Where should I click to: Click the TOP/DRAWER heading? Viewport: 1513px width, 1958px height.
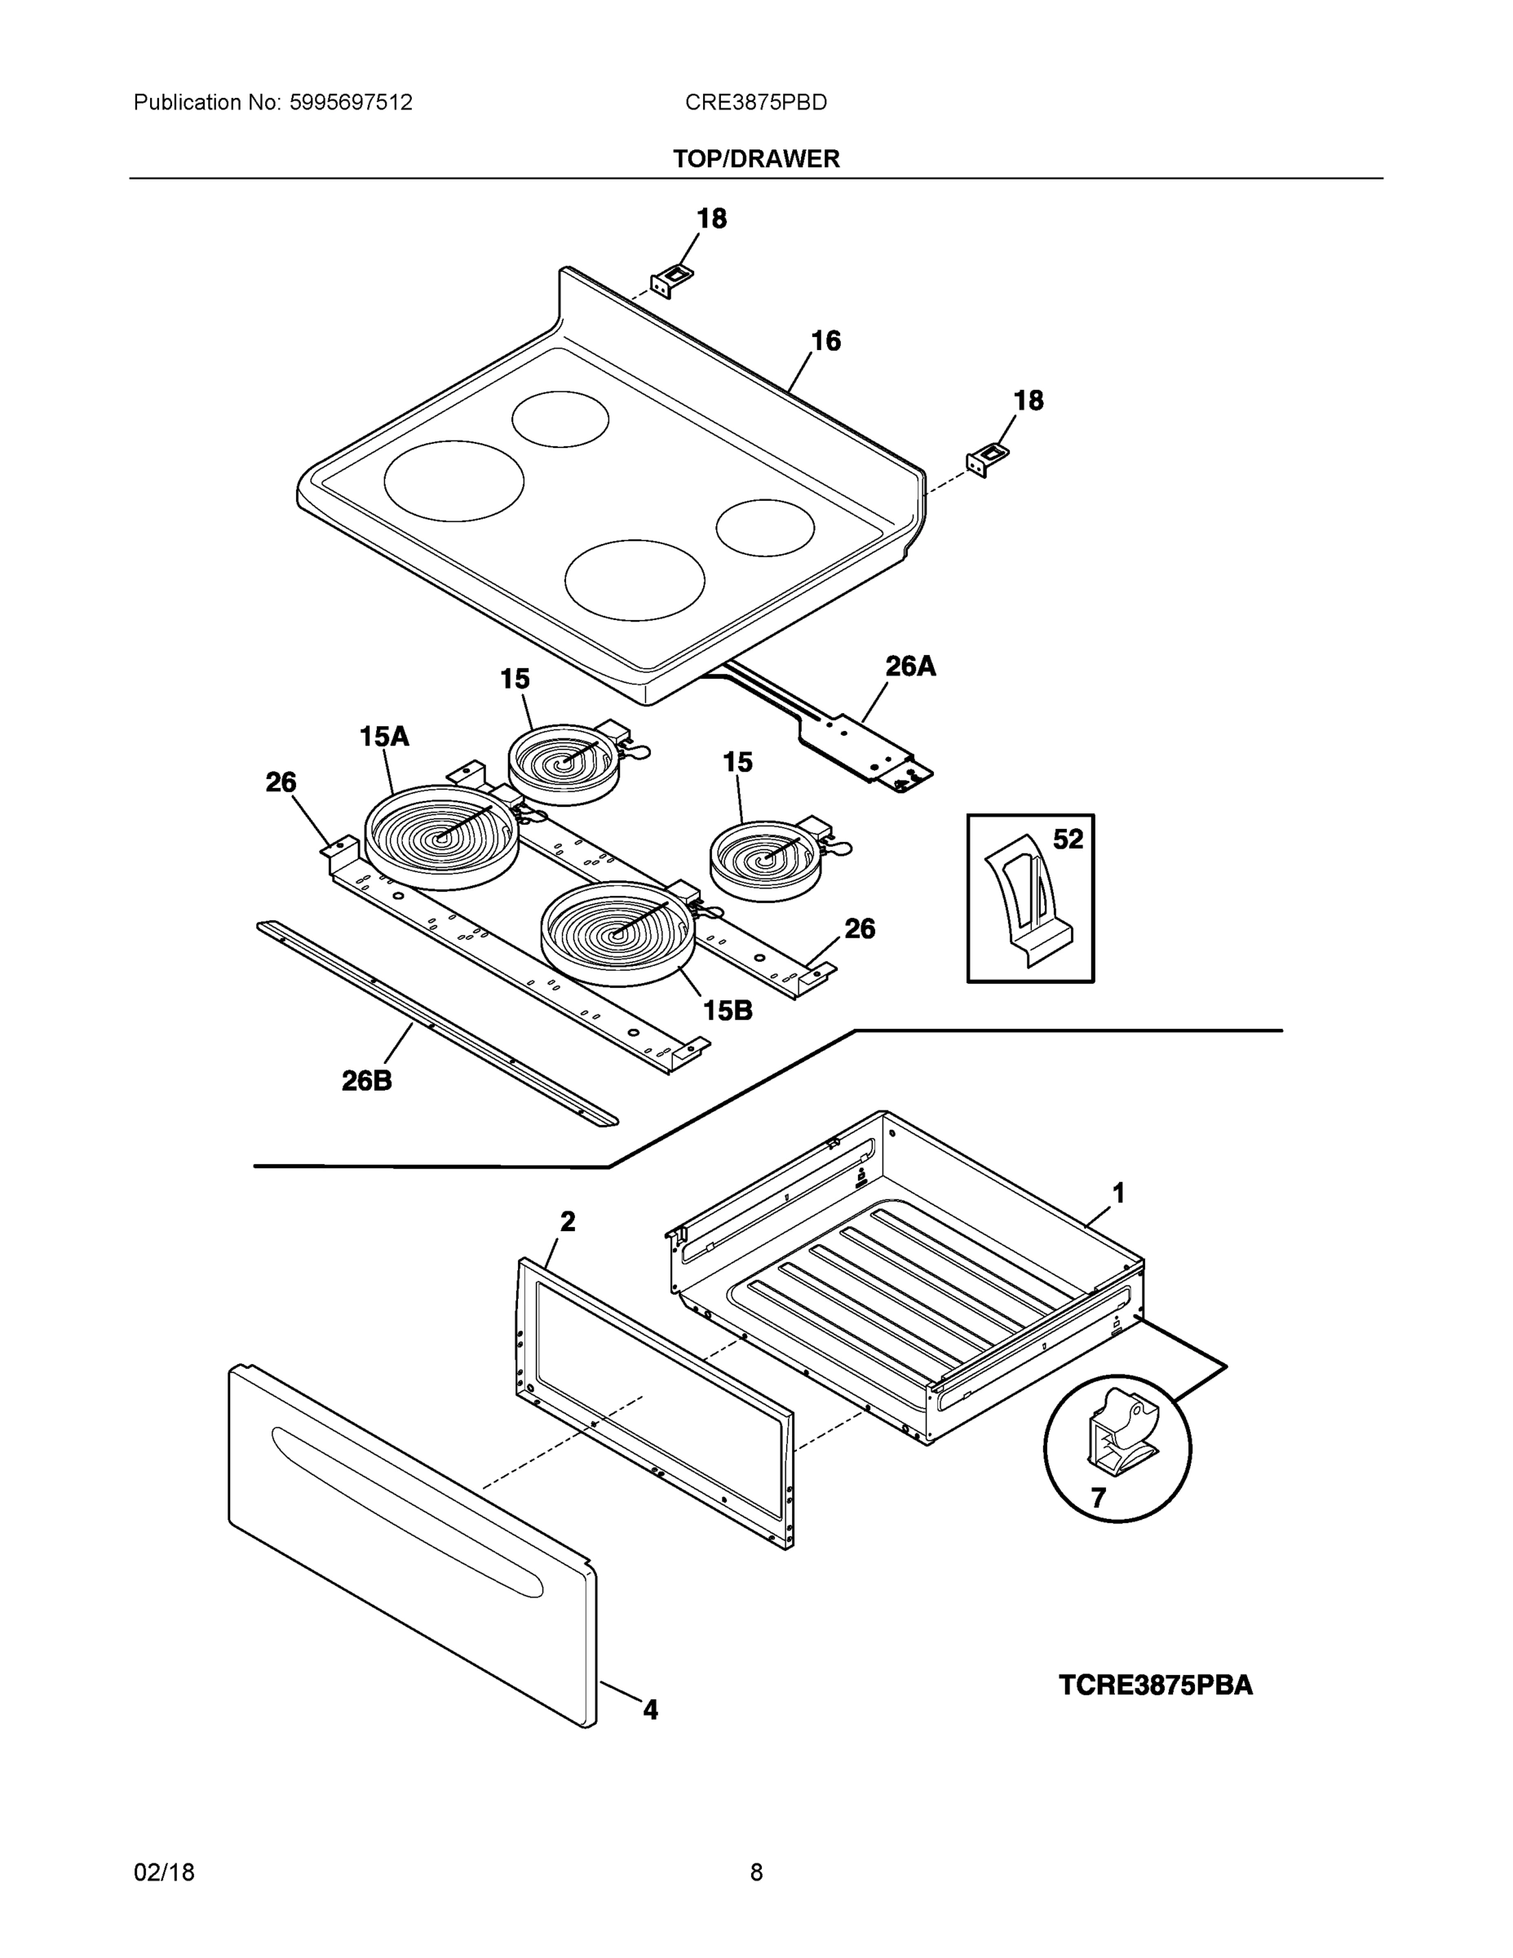[755, 159]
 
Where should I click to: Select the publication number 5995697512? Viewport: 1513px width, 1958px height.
[351, 102]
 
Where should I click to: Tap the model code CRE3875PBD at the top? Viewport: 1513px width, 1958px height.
[755, 102]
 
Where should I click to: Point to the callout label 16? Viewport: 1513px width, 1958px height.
[825, 341]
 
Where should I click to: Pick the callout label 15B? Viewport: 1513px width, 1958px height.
[727, 1010]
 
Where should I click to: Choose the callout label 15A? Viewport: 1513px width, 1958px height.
[383, 737]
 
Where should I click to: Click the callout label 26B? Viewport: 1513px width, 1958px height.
[366, 1081]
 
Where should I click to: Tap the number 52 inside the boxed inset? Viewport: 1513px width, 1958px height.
[1068, 839]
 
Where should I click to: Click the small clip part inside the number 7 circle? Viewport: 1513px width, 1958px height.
[1121, 1430]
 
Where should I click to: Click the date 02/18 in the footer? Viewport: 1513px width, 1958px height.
[164, 1872]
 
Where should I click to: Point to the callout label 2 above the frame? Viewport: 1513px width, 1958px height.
[568, 1221]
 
